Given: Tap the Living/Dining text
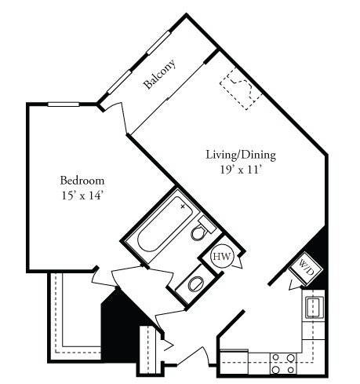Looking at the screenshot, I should [241, 155].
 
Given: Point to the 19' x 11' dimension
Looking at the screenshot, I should [241, 170].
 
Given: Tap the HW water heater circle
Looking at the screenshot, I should [222, 257].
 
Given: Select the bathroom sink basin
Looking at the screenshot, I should [193, 283].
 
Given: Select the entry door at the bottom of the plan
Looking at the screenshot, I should [191, 357].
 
